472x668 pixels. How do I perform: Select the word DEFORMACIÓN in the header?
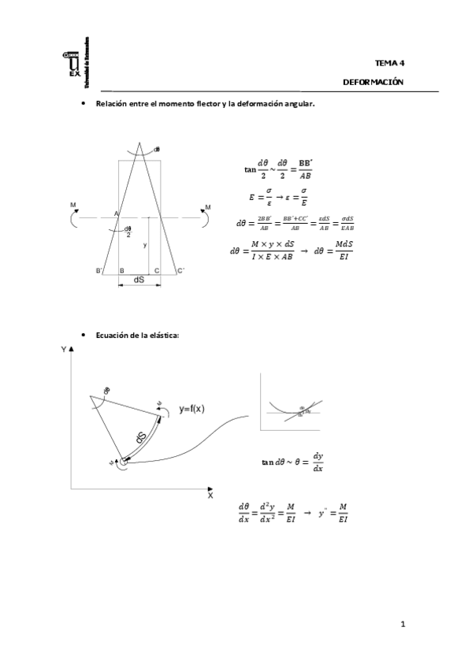373,82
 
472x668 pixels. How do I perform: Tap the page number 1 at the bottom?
402,625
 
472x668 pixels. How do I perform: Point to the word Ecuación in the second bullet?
113,335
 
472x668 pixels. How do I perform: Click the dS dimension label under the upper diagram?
139,280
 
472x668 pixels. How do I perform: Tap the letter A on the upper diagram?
115,214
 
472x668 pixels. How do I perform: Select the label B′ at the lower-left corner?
99,271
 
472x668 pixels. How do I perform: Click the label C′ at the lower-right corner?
180,271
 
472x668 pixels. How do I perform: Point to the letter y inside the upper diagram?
144,245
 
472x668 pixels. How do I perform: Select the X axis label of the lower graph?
210,496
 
